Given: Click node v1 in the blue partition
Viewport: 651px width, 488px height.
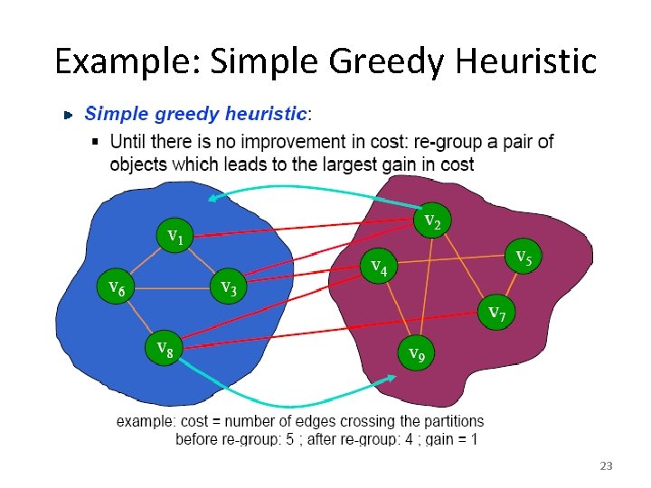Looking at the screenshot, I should tap(175, 237).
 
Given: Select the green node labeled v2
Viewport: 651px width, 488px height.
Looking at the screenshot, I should tap(432, 219).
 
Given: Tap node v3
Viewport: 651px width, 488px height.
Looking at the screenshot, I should tap(229, 287).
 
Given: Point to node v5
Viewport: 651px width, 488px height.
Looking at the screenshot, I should tap(523, 257).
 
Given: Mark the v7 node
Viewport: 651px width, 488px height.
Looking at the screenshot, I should tap(496, 312).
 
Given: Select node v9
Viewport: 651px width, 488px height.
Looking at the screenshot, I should tap(416, 352).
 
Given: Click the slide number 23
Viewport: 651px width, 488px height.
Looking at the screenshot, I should tap(606, 466).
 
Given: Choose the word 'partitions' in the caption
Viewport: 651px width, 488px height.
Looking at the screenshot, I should tap(453, 421).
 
